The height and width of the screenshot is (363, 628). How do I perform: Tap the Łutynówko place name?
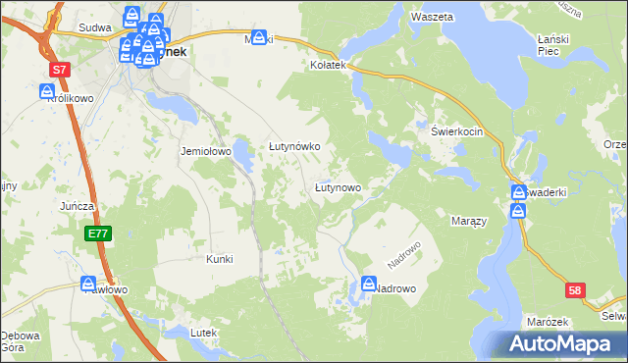coord(295,146)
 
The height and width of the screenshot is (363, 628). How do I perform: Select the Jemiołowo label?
coord(204,152)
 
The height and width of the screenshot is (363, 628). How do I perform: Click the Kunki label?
coord(219,259)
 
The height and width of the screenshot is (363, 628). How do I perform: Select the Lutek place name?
coord(203,334)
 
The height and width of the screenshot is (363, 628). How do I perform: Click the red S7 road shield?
coord(61,70)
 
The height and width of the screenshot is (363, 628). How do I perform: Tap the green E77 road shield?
coord(97,233)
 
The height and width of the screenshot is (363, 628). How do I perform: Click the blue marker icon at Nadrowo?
coord(369,284)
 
